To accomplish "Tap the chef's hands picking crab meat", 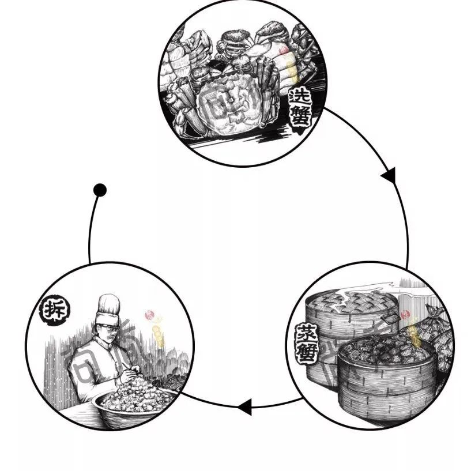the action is tap(128, 375).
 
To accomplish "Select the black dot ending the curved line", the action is tap(100, 190).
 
